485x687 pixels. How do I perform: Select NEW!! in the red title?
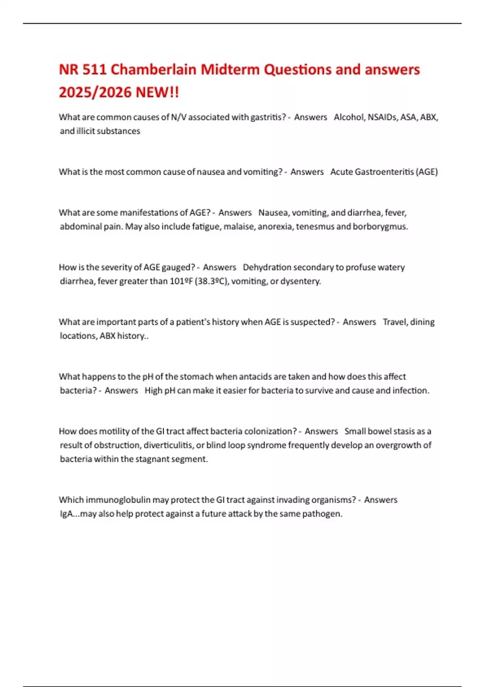pyautogui.click(x=157, y=93)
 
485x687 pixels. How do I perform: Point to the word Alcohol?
pyautogui.click(x=349, y=117)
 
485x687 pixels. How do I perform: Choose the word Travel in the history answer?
pyautogui.click(x=395, y=322)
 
